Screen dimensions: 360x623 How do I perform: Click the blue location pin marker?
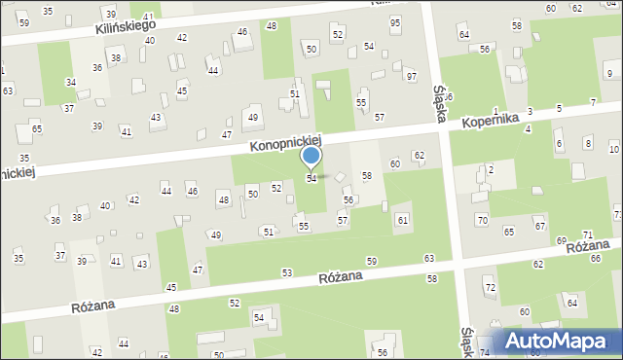[311, 157]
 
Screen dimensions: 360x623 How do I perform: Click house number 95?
[394, 22]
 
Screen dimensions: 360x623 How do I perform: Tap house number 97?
[411, 76]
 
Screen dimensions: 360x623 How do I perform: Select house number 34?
[70, 83]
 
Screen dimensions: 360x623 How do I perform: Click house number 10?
[613, 149]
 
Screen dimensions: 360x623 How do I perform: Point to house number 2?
[491, 169]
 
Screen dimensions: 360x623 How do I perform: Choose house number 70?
[482, 220]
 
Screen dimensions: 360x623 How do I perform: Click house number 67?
[538, 226]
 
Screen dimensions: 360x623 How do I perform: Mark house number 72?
[490, 288]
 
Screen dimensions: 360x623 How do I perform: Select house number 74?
[485, 351]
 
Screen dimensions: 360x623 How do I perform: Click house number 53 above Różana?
[286, 272]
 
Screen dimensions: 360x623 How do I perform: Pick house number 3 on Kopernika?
[530, 113]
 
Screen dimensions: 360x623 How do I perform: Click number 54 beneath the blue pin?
[311, 179]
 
